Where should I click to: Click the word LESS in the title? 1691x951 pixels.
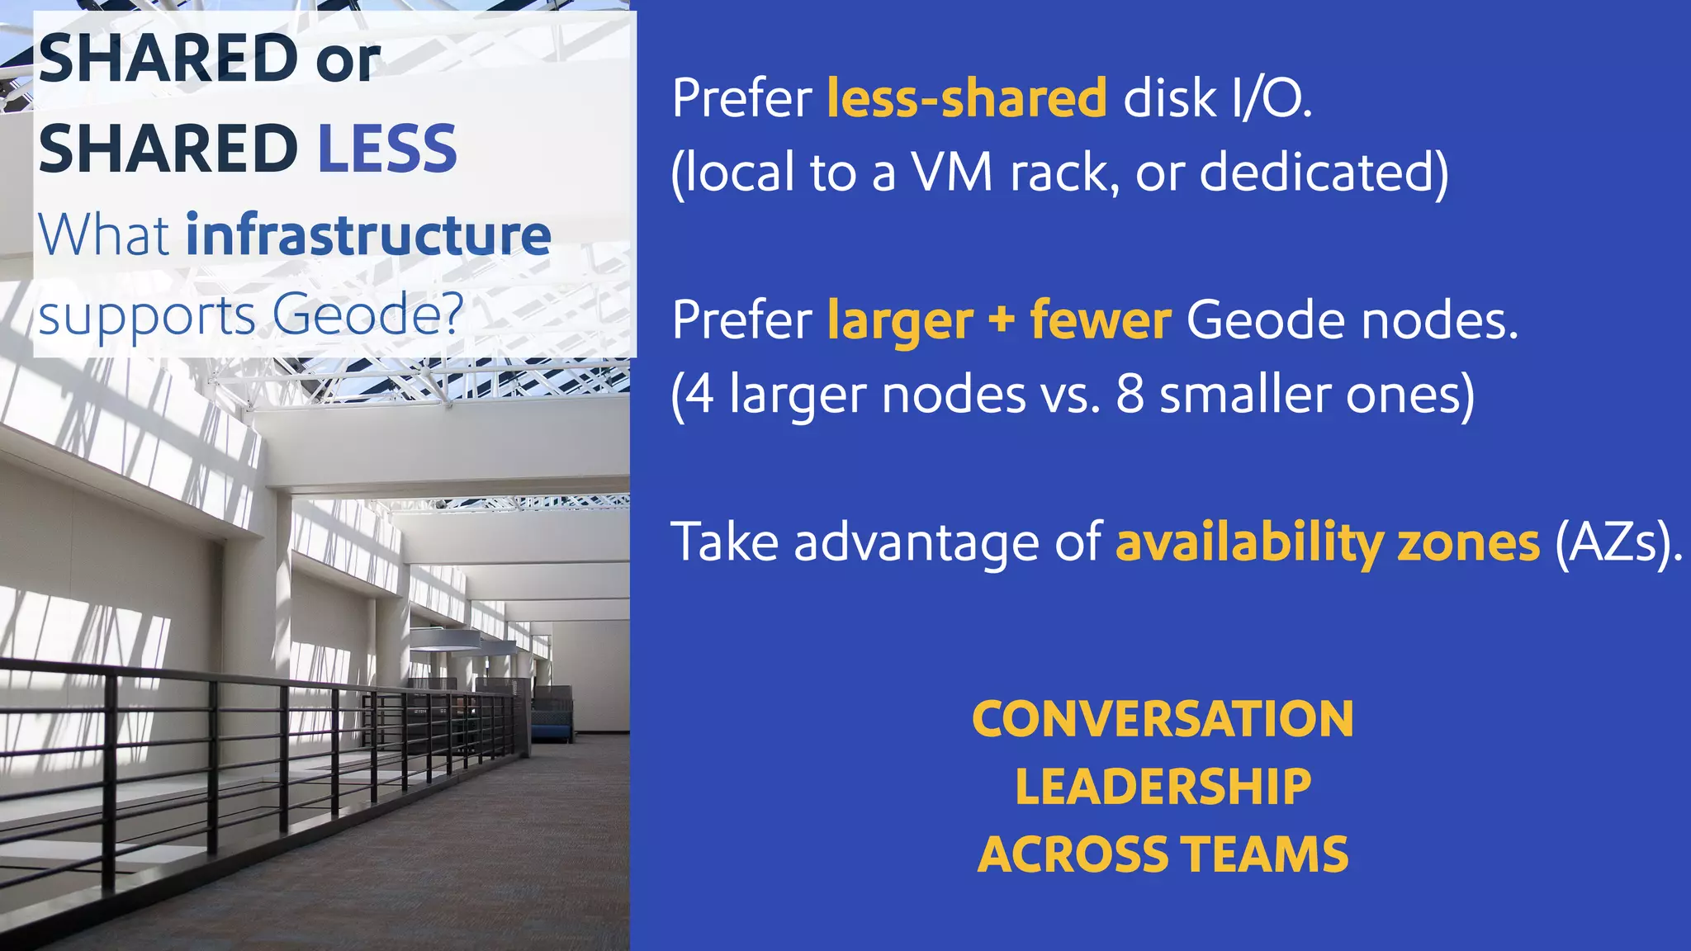387,149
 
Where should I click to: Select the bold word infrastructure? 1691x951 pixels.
368,235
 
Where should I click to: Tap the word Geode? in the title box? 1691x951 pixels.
367,315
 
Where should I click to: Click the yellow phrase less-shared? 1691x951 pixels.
967,98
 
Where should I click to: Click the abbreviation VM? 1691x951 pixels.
952,173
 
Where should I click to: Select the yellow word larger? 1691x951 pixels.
899,321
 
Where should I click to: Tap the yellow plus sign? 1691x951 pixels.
1001,319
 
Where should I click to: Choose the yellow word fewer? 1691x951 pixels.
1100,320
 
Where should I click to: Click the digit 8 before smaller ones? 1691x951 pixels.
1130,395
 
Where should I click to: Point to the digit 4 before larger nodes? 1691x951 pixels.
700,395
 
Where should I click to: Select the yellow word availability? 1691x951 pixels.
1249,543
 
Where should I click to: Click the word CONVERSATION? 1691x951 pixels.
1163,719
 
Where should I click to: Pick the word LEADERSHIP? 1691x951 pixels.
1163,787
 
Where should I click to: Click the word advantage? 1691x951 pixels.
917,543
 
